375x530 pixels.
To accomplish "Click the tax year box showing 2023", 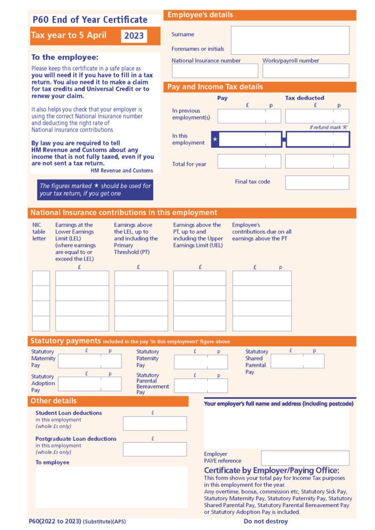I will point(134,36).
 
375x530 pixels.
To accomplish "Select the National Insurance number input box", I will point(215,71).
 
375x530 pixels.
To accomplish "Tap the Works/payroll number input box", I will point(306,71).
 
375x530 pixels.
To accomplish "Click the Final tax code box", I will point(317,183).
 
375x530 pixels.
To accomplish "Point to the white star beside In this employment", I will point(215,140).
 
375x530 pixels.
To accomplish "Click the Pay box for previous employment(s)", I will point(249,116).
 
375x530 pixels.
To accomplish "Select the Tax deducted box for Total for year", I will point(317,161).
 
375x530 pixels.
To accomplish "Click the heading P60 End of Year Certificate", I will point(90,20).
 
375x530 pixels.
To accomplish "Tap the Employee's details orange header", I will point(259,15).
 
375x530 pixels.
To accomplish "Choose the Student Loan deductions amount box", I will point(154,423).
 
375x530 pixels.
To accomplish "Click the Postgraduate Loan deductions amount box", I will point(154,449).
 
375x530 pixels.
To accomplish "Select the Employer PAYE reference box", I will point(305,458).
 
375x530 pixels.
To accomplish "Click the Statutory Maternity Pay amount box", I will point(90,361).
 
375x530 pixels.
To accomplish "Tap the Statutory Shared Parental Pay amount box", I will point(297,361).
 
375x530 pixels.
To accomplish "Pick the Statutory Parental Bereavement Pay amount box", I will point(201,386).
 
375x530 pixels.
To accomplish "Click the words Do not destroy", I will point(265,521).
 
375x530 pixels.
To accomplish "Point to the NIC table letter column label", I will point(39,232).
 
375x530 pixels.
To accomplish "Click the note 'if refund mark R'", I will point(329,128).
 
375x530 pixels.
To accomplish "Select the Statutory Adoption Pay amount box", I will point(90,384).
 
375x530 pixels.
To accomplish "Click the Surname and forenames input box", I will point(290,41).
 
